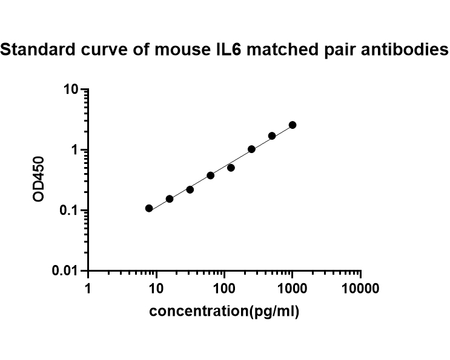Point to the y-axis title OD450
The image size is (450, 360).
tap(40, 178)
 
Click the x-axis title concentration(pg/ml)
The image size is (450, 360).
tap(224, 312)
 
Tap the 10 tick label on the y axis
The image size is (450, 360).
tap(71, 90)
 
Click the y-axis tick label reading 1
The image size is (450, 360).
tap(75, 151)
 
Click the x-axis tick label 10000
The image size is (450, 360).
tap(360, 289)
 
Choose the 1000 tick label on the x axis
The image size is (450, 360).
tap(293, 289)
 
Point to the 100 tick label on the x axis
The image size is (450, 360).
tap(225, 289)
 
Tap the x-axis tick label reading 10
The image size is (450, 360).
tap(156, 289)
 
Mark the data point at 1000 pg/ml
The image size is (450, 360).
tap(293, 125)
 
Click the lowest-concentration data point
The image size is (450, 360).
tap(149, 208)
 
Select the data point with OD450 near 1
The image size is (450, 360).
tap(251, 149)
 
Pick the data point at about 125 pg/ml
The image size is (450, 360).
tap(231, 168)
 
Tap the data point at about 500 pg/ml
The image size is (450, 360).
tap(272, 136)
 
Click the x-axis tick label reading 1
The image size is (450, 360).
tap(88, 289)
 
